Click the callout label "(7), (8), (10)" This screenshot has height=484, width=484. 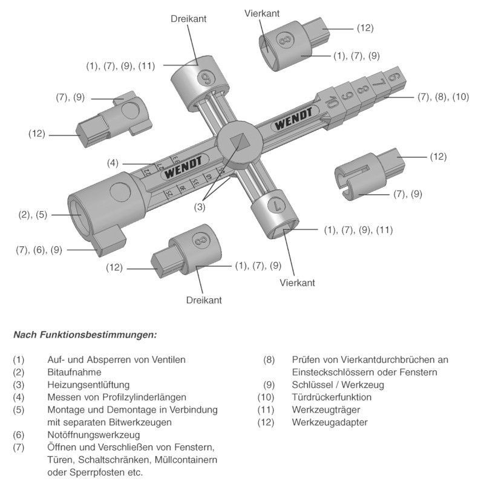(x=443, y=97)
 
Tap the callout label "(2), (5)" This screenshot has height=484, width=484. (x=33, y=214)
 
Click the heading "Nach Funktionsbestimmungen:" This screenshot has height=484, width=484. (x=85, y=334)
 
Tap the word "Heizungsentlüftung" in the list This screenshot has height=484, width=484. (x=88, y=384)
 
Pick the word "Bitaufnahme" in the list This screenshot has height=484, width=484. (x=74, y=372)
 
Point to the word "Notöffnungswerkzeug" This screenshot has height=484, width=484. (x=94, y=434)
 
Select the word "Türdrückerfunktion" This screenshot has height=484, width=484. (x=332, y=397)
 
